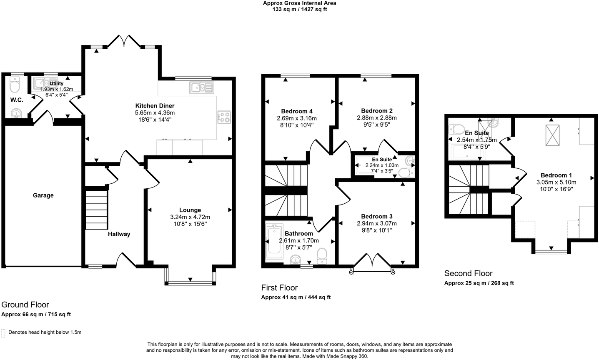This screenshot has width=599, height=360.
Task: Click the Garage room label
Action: [x=43, y=195]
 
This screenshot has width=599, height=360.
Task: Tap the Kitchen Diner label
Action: [x=155, y=106]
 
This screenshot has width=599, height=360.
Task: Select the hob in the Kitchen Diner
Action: [x=224, y=117]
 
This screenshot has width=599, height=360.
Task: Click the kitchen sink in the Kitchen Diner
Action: [x=201, y=87]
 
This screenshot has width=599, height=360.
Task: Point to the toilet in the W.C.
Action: [x=15, y=86]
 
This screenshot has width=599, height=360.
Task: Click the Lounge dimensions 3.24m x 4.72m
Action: [x=190, y=217]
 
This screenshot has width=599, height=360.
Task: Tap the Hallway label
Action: [x=119, y=234]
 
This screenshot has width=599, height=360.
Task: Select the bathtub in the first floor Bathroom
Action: [x=274, y=240]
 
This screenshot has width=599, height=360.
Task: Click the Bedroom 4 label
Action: [x=297, y=111]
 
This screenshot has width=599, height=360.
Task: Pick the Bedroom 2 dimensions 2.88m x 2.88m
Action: [x=377, y=118]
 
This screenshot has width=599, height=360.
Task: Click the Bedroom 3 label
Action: [x=377, y=216]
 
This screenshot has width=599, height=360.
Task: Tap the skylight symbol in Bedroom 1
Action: [x=553, y=135]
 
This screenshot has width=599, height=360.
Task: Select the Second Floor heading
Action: [x=468, y=273]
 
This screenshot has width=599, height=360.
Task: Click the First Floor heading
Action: [x=279, y=287]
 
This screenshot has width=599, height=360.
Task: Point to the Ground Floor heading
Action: [x=25, y=305]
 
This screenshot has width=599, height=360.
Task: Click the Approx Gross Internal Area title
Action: [x=299, y=3]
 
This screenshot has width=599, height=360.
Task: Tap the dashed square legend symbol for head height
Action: [x=3, y=332]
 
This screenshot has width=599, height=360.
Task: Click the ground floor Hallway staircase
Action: [x=97, y=210]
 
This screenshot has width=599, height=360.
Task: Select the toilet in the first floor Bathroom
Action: [x=322, y=255]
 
